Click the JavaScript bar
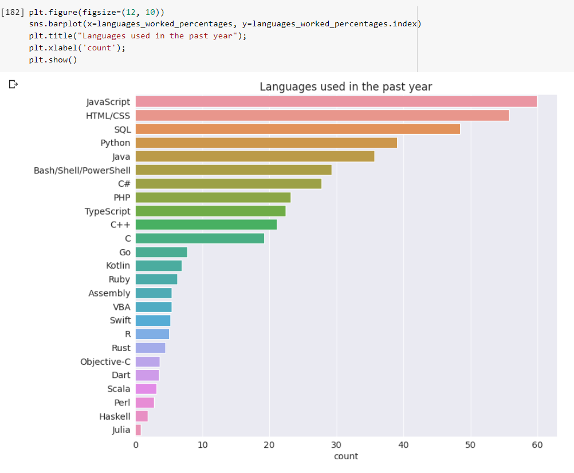[x=336, y=102]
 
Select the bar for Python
[x=266, y=143]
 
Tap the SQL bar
[x=297, y=129]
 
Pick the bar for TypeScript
[x=210, y=211]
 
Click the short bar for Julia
[x=138, y=430]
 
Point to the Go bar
[x=162, y=252]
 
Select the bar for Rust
[x=150, y=348]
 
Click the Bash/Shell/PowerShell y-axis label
[x=82, y=170]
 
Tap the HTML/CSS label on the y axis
[x=108, y=116]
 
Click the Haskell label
[x=115, y=416]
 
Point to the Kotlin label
[x=118, y=266]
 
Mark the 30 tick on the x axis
[x=336, y=445]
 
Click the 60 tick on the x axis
[x=537, y=445]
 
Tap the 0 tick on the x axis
[x=136, y=445]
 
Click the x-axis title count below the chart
[x=345, y=456]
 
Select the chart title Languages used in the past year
[x=345, y=86]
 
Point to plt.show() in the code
[x=53, y=60]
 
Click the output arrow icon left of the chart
[x=13, y=85]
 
